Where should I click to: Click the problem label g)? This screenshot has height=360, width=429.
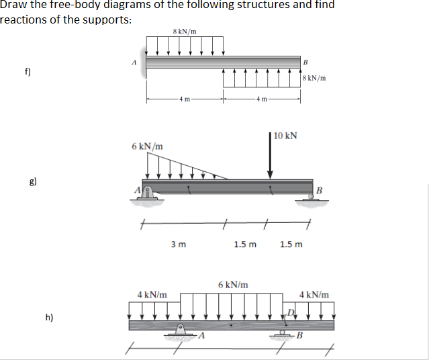point(32,181)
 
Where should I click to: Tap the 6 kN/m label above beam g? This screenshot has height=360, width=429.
point(146,146)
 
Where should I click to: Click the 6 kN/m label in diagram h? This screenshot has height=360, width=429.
point(234,285)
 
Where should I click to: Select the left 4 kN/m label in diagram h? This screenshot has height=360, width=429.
point(152,295)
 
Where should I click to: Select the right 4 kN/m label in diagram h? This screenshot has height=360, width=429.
point(314,295)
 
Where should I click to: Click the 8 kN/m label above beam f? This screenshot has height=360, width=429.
point(184,31)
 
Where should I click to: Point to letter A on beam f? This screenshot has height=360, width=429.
point(134,63)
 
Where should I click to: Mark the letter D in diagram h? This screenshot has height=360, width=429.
point(290,311)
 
